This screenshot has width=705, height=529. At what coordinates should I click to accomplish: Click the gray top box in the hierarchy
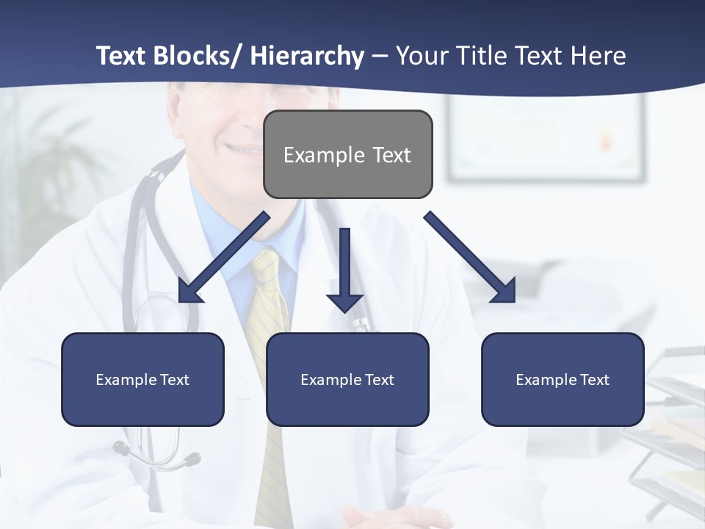[x=347, y=154]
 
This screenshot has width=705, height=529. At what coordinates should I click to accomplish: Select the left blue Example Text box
[x=142, y=379]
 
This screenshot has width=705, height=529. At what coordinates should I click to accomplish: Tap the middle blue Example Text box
[x=347, y=379]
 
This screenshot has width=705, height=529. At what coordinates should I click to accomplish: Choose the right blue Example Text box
[x=563, y=379]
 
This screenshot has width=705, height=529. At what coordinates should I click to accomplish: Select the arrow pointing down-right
[x=470, y=257]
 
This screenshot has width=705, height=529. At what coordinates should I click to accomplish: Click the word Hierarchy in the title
[x=307, y=56]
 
